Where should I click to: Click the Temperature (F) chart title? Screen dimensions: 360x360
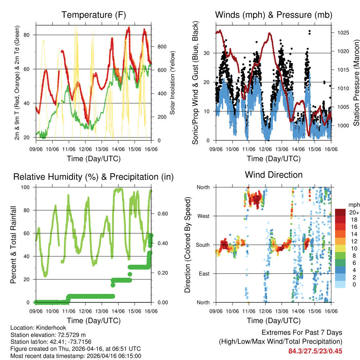pos(94,15)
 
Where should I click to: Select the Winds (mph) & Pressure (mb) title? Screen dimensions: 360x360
pos(274,15)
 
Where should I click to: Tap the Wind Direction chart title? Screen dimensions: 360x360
pos(274,175)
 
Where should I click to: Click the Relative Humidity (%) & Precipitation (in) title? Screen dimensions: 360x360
pos(94,177)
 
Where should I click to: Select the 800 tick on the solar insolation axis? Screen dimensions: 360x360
pos(162,47)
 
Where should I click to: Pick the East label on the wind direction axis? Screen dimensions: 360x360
pos(204,274)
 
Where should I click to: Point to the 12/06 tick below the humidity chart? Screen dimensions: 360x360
pos(85,311)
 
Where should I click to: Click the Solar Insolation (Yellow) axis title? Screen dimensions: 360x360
pos(173,83)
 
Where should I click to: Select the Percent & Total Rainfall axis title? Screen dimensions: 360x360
pos(13,245)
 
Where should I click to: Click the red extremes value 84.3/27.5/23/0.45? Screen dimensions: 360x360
pos(315,351)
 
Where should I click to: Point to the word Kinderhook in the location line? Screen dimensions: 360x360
pos(50,328)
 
